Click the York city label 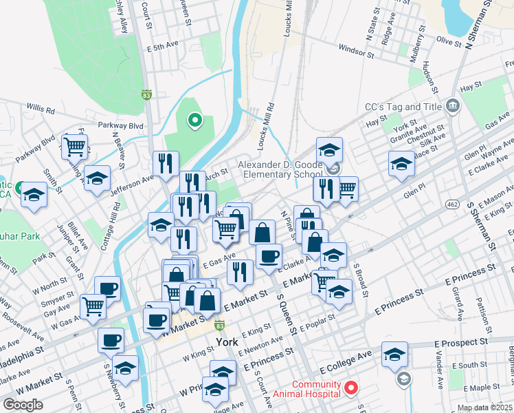point(226,342)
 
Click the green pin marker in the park point(194,122)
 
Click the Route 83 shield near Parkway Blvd point(146,94)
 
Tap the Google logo point(23,405)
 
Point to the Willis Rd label point(41,109)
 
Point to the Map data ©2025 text point(484,407)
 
